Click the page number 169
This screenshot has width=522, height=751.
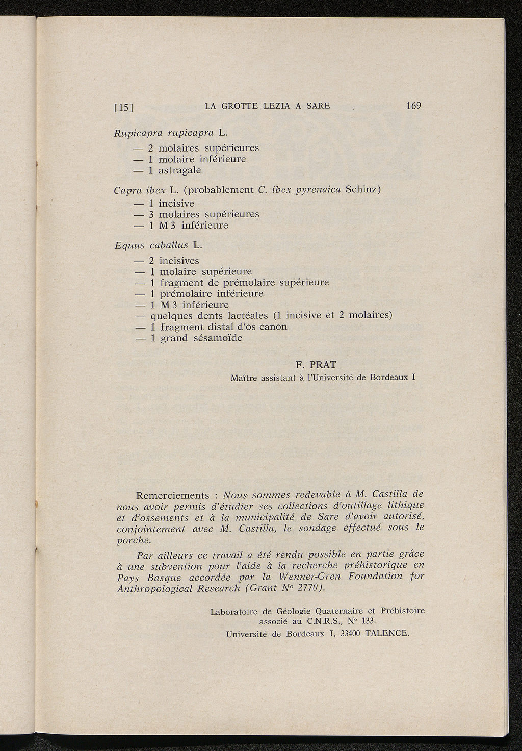pyautogui.click(x=413, y=106)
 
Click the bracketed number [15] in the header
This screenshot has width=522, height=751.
pyautogui.click(x=124, y=107)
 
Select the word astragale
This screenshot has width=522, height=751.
pyautogui.click(x=179, y=170)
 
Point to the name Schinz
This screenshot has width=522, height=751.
pyautogui.click(x=363, y=190)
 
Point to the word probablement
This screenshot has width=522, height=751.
pyautogui.click(x=221, y=190)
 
